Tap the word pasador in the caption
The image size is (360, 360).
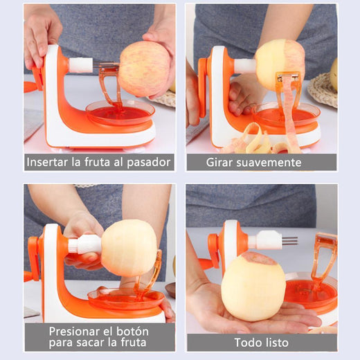pos(148,163)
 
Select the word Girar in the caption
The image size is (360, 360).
pos(219,163)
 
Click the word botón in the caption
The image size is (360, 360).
pos(132,332)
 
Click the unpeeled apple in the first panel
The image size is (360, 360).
pos(145,69)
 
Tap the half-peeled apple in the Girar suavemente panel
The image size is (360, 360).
pos(280,64)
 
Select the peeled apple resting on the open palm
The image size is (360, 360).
pos(253,287)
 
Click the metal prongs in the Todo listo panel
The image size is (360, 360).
pos(289,241)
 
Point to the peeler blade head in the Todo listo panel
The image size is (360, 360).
pos(327,240)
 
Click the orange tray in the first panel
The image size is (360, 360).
pos(120,112)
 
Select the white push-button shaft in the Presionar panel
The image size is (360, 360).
pos(85,245)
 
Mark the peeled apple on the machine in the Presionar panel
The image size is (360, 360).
pos(129,249)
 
